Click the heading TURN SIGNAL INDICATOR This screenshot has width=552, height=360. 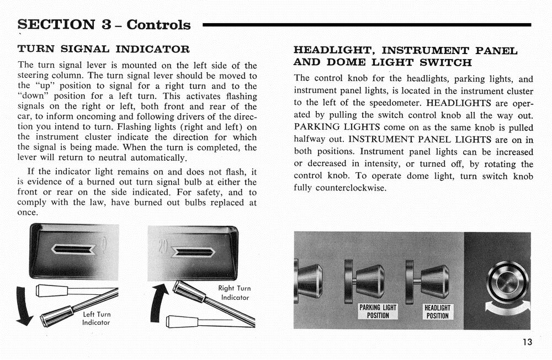click(x=103, y=49)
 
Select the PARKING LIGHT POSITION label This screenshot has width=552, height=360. click(x=378, y=311)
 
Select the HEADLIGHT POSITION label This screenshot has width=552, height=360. click(x=437, y=311)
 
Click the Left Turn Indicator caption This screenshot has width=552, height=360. click(x=97, y=318)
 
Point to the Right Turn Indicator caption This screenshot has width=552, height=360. click(x=235, y=293)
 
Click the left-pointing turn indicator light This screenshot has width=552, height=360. click(x=73, y=250)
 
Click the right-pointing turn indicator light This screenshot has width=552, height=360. click(x=193, y=252)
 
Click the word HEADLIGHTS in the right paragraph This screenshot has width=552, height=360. click(x=452, y=103)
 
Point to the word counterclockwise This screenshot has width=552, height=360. click(x=351, y=188)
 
